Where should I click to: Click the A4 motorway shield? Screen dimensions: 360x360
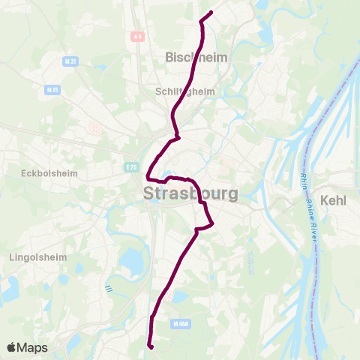[136, 36]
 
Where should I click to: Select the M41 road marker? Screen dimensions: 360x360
[52, 90]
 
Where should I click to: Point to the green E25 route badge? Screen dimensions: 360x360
[131, 166]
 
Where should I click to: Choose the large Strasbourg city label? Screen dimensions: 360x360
[190, 193]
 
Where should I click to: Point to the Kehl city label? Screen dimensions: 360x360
[334, 201]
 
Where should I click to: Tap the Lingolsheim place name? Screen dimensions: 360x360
[37, 256]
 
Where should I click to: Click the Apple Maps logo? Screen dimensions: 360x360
[27, 347]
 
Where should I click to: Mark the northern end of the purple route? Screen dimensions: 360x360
[211, 12]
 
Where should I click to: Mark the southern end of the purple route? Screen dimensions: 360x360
[151, 346]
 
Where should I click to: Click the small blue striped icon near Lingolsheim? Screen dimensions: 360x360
[109, 287]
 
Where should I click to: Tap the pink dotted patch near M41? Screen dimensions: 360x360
[94, 128]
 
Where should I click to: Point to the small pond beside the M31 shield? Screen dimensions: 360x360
[98, 67]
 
